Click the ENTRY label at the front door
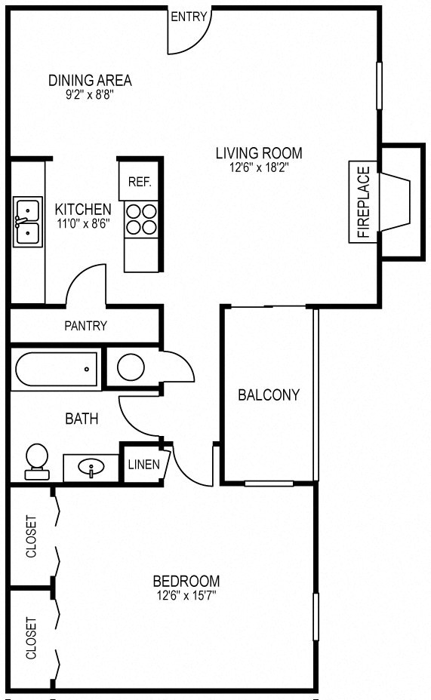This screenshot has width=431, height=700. point(188,17)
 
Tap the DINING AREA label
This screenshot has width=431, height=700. point(90,80)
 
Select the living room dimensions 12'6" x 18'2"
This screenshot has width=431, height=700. point(253,168)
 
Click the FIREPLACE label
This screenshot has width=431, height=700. point(362,202)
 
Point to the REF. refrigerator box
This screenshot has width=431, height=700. point(140,182)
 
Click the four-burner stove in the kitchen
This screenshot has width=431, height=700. point(141,218)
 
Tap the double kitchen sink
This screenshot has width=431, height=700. point(27,222)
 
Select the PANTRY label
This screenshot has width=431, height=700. point(85,326)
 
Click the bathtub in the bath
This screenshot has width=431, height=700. point(56,369)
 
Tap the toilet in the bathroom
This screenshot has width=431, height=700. point(36,460)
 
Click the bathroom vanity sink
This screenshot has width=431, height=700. point(91,468)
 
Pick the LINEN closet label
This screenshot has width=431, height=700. point(143,464)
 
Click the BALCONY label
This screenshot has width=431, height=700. point(269,395)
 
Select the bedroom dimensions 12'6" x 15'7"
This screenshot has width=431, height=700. point(186,595)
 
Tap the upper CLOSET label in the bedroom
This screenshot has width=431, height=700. point(31,536)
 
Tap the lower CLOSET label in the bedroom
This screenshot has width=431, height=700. point(31,639)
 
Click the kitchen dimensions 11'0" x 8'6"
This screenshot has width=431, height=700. point(83,223)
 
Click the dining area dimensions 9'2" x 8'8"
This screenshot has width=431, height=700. point(90,95)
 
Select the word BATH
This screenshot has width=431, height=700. point(81,418)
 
